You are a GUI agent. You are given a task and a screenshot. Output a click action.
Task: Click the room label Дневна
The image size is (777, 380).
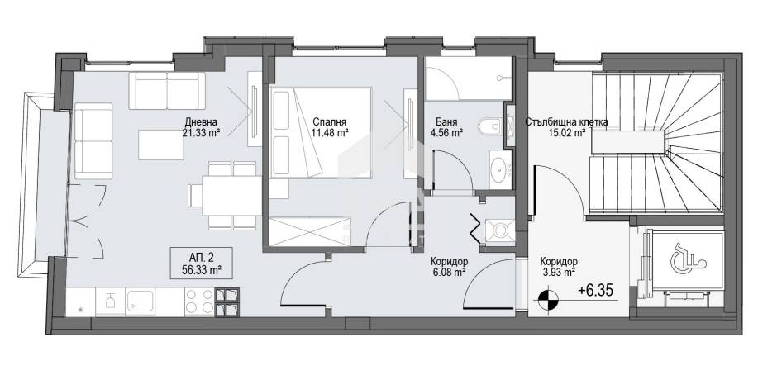point(201,121)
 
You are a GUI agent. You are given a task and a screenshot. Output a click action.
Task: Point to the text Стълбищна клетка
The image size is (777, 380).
point(566,122)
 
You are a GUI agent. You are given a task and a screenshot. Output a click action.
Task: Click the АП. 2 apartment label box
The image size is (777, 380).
point(201,263)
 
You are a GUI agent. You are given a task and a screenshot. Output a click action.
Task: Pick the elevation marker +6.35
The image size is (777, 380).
point(598,291)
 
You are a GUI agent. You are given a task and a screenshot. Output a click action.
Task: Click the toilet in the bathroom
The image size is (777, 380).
point(490,127)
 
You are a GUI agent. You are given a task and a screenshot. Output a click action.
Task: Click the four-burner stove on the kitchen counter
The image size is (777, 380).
point(199,302)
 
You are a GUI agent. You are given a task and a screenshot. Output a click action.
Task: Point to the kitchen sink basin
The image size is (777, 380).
point(141,302)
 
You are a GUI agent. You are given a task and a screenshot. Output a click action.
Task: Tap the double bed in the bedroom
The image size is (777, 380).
point(321,132)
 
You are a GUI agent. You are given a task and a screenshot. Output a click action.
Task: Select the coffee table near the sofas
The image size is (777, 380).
point(158,145)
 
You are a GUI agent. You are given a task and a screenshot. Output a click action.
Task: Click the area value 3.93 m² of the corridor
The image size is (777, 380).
point(558,271)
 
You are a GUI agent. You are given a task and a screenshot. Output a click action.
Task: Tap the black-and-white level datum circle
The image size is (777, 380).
point(547,299)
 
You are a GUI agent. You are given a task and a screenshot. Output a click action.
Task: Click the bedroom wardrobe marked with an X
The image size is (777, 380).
point(310,231)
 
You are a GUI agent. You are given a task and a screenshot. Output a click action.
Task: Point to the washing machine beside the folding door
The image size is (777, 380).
point(499,230)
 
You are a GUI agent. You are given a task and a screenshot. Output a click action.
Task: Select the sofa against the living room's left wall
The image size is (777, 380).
point(93,140)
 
